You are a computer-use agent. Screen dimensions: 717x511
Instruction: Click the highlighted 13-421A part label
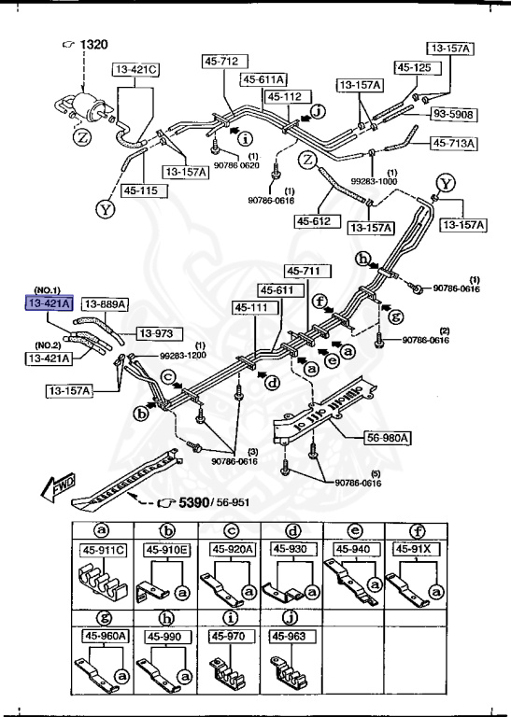coord(50,303)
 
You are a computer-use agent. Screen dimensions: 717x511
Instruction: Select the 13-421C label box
coord(137,69)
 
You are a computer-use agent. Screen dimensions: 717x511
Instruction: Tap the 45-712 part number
coord(221,62)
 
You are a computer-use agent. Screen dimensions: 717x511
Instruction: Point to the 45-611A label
coord(264,79)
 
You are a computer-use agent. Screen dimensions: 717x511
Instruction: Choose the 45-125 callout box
coord(414,67)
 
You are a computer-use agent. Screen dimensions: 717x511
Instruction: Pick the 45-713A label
coord(454,143)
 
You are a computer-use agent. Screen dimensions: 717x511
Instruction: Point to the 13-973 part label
coord(159,333)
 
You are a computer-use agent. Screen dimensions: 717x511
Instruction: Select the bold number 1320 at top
coord(92,45)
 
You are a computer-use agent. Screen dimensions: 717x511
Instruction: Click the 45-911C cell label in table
coord(103,551)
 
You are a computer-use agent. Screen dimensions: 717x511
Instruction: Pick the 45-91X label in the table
coord(414,549)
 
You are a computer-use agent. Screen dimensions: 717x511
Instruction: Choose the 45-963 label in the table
coord(289,636)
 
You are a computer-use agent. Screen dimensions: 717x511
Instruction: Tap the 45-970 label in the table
coord(227,636)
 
